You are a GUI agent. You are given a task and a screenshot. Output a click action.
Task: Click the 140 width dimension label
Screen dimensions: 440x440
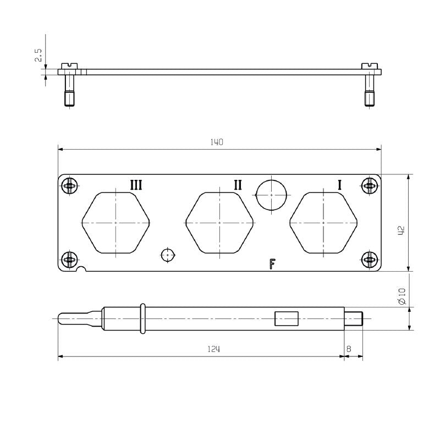point(217,142)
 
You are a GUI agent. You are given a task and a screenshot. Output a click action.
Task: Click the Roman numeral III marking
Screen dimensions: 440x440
point(136,185)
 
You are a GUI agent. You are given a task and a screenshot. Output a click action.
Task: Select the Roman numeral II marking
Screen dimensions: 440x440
point(238,185)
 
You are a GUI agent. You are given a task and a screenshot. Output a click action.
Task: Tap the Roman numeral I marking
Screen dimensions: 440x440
point(339,185)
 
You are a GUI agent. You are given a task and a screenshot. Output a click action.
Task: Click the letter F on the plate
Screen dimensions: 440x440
point(272,265)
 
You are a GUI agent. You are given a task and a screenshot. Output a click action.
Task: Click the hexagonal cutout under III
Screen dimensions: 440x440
point(116,223)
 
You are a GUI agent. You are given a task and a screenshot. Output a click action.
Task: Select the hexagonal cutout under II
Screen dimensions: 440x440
point(219,223)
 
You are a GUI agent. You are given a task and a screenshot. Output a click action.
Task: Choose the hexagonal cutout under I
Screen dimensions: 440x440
point(323,223)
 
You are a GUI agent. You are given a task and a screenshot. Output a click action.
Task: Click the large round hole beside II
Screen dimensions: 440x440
point(272,194)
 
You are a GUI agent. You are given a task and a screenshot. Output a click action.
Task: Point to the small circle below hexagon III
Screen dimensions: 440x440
point(168,255)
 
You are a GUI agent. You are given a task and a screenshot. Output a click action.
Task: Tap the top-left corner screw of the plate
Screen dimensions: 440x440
point(69,186)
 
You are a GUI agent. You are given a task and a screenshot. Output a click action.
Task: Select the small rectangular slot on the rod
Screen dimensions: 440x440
point(287,319)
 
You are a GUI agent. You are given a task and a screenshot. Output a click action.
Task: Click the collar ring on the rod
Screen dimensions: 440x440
point(142,318)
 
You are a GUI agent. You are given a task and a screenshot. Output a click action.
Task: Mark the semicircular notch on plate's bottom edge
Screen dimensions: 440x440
point(82,269)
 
